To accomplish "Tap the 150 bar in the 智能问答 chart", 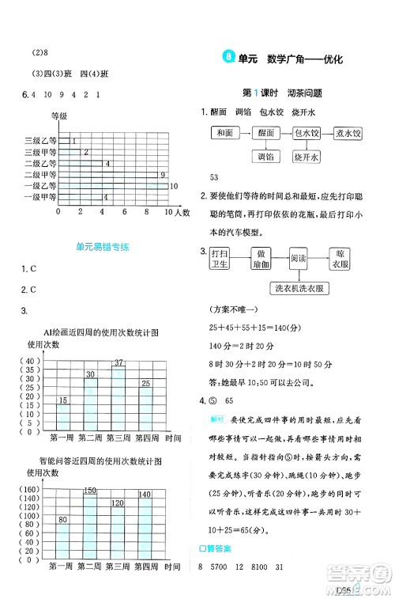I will coord(91,526).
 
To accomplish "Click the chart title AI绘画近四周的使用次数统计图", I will coord(102,332).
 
